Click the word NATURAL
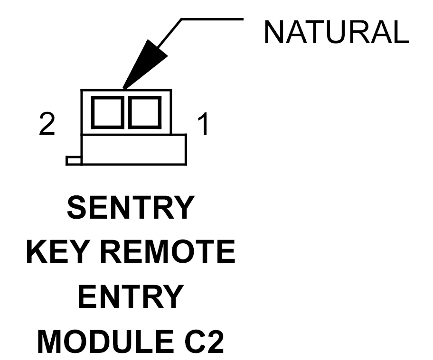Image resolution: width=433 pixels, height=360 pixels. click(x=336, y=32)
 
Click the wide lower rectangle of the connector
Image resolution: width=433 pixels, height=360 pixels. click(x=134, y=150)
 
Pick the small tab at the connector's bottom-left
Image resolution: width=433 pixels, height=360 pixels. click(x=74, y=161)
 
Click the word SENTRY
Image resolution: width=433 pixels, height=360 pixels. click(x=131, y=207)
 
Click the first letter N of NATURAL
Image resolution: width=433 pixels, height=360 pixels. click(x=273, y=32)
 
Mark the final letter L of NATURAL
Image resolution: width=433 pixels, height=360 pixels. click(x=400, y=32)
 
